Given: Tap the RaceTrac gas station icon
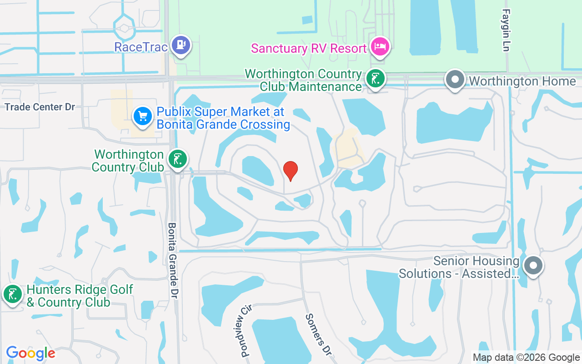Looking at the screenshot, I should click(181, 45).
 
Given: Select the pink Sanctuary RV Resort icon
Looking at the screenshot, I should click(379, 46).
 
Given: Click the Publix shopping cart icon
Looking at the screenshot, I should click(143, 116).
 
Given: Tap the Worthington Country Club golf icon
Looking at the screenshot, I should click(177, 159).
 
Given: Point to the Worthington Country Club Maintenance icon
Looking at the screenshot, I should click(375, 79).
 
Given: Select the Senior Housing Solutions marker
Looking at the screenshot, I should click(534, 265).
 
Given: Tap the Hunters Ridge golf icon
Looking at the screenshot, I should click(12, 294).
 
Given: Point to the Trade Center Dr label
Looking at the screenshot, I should click(40, 107).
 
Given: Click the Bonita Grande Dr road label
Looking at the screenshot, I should click(173, 260).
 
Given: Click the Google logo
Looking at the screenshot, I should click(30, 353).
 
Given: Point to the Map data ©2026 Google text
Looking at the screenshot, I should click(526, 358).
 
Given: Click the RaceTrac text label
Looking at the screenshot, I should click(141, 47).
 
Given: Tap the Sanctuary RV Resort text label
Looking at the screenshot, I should click(309, 48).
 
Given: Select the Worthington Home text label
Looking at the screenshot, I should click(522, 81).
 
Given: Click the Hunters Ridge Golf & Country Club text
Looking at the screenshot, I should click(80, 296).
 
